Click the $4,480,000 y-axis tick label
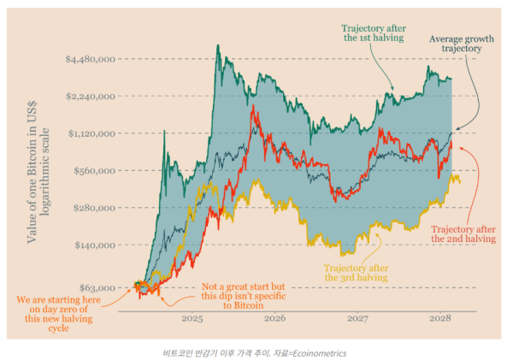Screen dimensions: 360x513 (x=91, y=59)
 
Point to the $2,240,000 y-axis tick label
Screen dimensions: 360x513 (x=91, y=96)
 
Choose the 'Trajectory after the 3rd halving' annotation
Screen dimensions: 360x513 (x=356, y=272)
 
